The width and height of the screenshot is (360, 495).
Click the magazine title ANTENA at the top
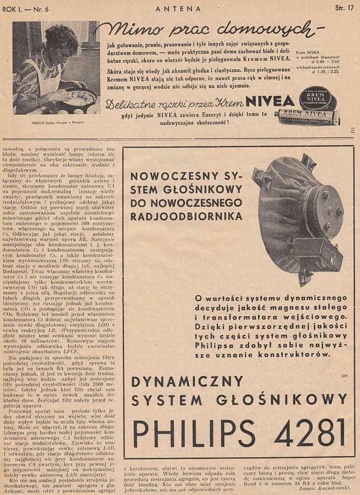(178, 8)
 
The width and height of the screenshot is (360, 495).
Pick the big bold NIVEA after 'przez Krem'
(273, 102)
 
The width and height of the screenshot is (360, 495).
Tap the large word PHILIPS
(186, 437)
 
